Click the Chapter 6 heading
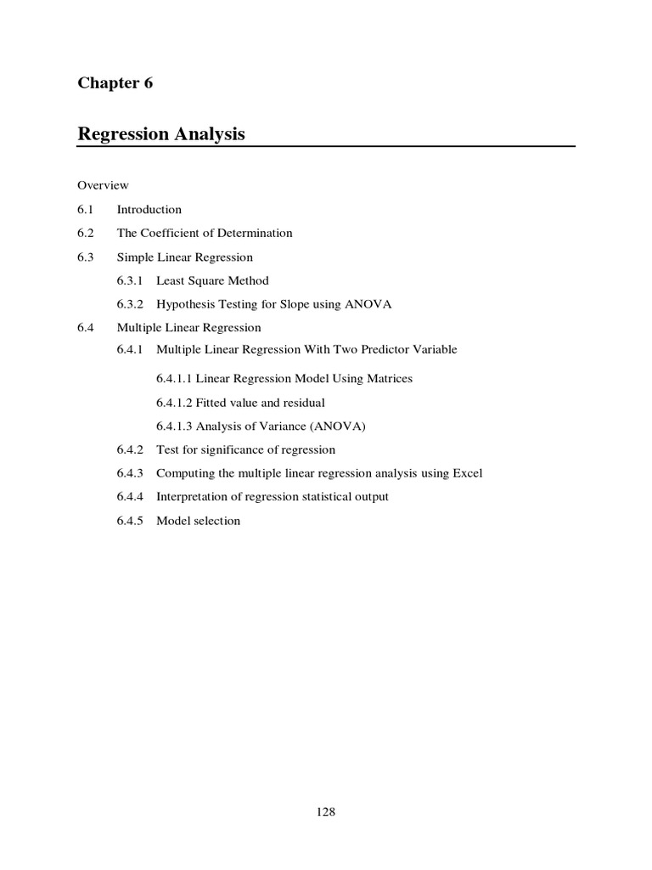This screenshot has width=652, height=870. [x=115, y=82]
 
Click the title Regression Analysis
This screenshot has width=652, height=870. [x=161, y=133]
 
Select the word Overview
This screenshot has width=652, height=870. [x=103, y=185]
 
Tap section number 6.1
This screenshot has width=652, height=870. [x=85, y=209]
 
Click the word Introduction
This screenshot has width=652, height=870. [x=149, y=209]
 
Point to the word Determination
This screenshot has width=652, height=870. [x=256, y=233]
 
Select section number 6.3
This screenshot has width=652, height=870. [x=85, y=257]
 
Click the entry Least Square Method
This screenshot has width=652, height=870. [x=212, y=280]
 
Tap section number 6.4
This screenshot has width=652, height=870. [x=85, y=327]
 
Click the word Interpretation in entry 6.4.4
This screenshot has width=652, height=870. [x=190, y=496]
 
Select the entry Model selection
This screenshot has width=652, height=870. [x=198, y=520]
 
